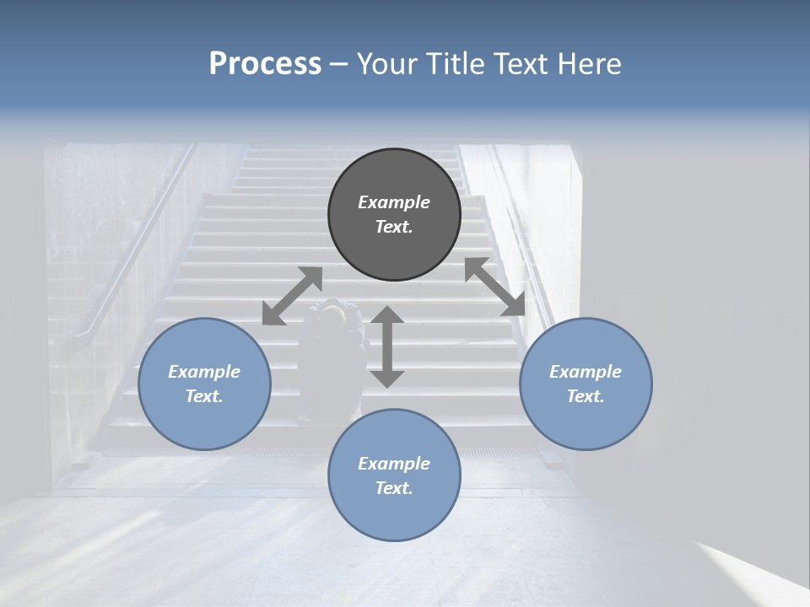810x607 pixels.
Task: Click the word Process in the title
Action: (x=265, y=64)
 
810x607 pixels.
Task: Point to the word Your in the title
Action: (x=386, y=64)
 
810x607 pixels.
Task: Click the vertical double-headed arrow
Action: (x=387, y=347)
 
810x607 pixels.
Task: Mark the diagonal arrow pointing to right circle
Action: (x=494, y=287)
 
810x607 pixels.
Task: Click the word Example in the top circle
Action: (x=394, y=202)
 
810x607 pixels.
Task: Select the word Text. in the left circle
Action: (x=204, y=396)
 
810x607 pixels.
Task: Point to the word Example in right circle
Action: (x=586, y=372)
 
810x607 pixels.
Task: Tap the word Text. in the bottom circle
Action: (x=394, y=488)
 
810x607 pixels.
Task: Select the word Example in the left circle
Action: (x=204, y=372)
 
